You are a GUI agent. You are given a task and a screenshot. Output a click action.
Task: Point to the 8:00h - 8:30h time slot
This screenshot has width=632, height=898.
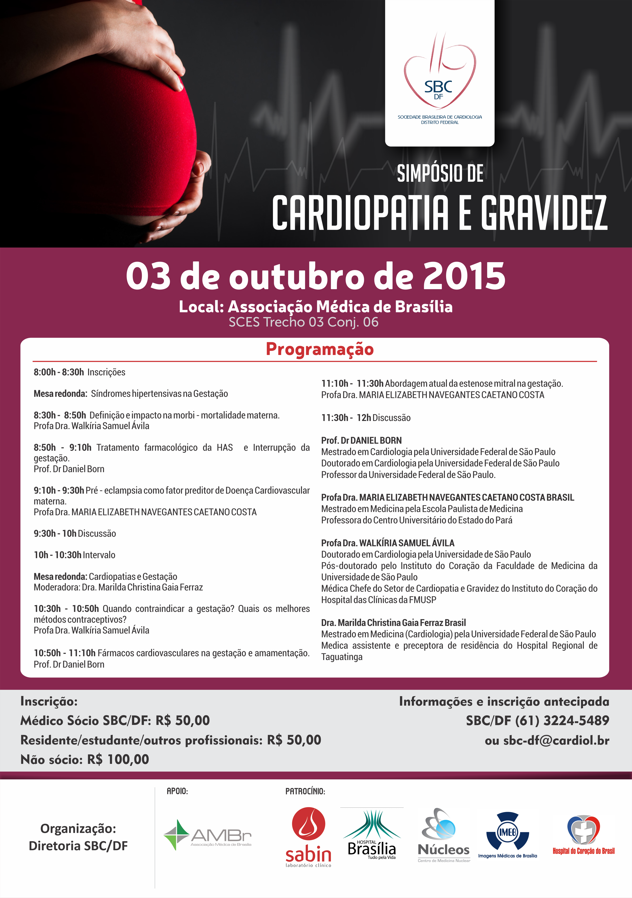pos(59,372)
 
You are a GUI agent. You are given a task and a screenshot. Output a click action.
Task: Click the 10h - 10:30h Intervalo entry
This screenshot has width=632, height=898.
pos(74,555)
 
